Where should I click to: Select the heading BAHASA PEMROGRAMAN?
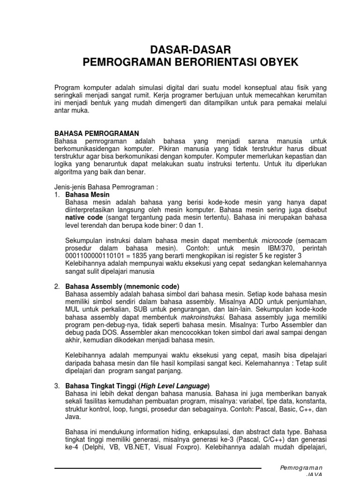coord(97,134)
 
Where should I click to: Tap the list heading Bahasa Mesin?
coord(87,194)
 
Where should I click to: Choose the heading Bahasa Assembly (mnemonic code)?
coord(122,286)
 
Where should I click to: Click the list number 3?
coord(57,386)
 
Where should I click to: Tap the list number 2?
coord(57,286)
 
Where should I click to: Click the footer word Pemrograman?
coord(301,468)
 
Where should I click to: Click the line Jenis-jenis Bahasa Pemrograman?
coord(106,187)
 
